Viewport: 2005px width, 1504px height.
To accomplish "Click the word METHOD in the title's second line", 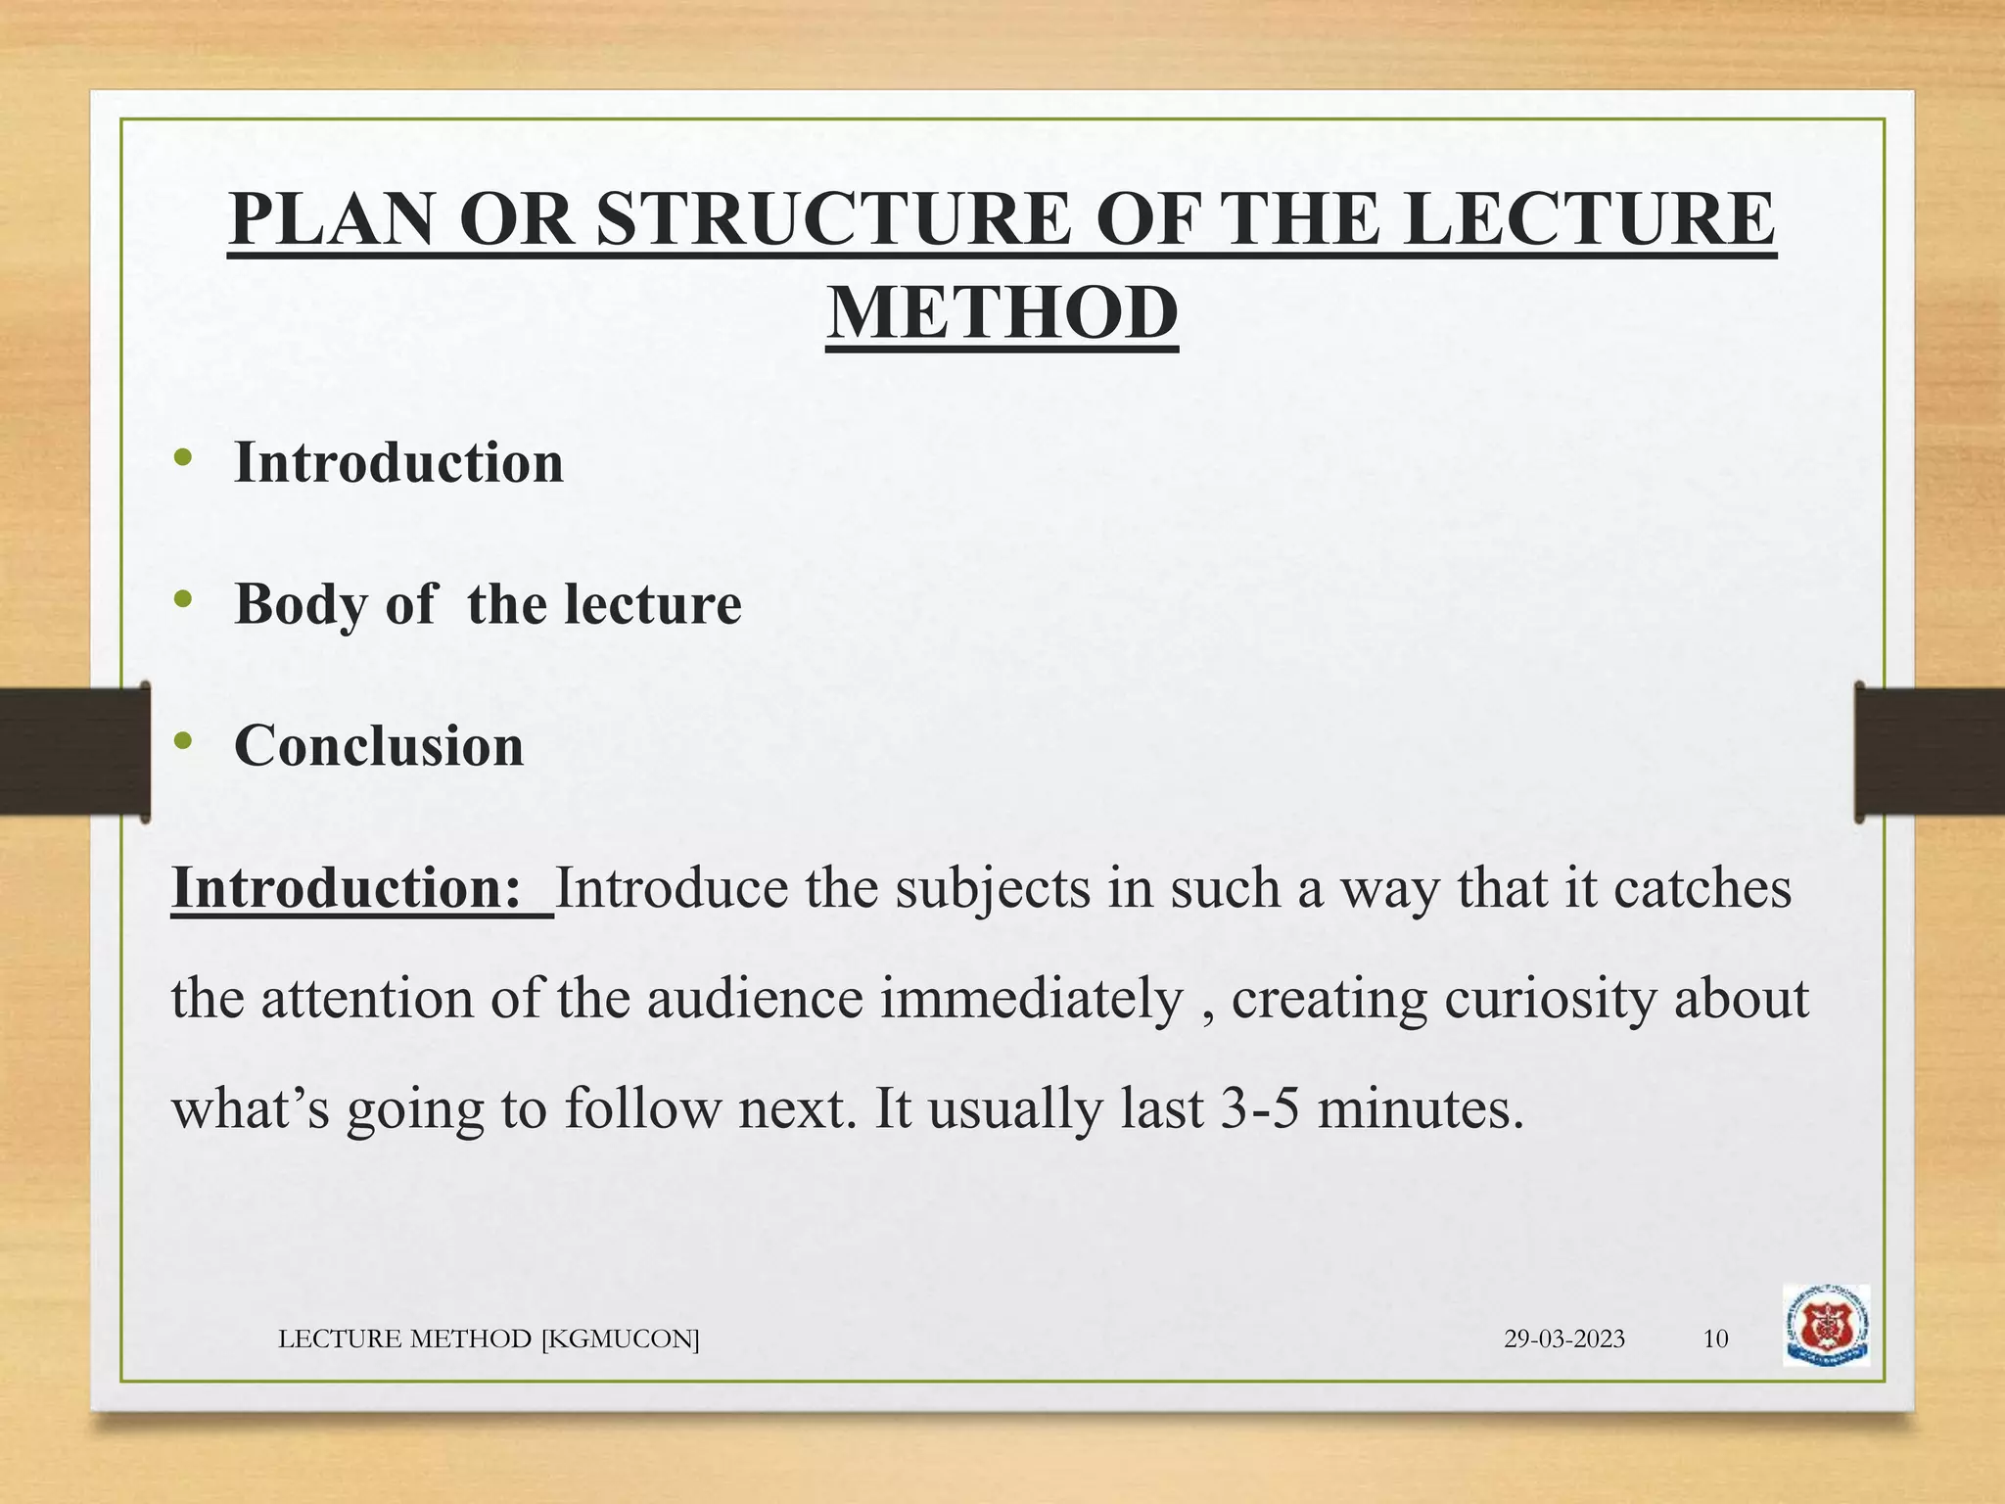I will pos(1002,312).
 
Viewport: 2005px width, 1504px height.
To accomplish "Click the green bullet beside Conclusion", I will pos(182,742).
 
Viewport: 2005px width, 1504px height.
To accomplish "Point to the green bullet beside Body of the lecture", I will pos(182,600).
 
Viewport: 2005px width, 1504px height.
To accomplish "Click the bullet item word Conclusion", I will pos(379,746).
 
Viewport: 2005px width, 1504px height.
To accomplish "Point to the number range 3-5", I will pos(1259,1109).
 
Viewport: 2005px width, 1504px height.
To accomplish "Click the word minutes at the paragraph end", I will pos(1420,1109).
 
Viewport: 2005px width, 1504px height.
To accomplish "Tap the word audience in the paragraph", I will pos(755,999).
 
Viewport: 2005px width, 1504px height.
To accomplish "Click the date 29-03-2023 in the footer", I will pos(1563,1339).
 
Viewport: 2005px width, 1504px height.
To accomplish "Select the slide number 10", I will pos(1715,1339).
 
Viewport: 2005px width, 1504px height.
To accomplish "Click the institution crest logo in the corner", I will pos(1826,1325).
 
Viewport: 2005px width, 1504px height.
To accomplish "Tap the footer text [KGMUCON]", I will pos(620,1339).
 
